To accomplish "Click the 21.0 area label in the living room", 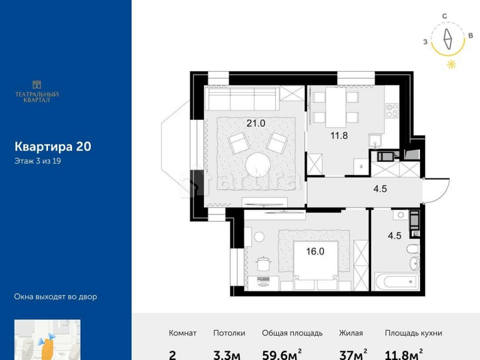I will (x=256, y=123).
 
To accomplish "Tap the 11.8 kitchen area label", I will (x=339, y=135).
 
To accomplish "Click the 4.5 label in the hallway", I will (x=380, y=189).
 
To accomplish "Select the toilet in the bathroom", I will (x=413, y=249).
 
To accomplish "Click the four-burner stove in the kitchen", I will (x=392, y=110).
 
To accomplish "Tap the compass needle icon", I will (x=448, y=39).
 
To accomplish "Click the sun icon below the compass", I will (x=451, y=65).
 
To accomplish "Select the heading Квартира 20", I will (x=53, y=146).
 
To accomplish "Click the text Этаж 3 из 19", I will (x=37, y=161).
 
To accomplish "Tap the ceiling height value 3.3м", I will (x=227, y=355).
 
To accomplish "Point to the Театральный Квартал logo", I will (x=37, y=91).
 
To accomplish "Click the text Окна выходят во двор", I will (x=56, y=297).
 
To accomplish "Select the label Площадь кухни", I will (x=413, y=333).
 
